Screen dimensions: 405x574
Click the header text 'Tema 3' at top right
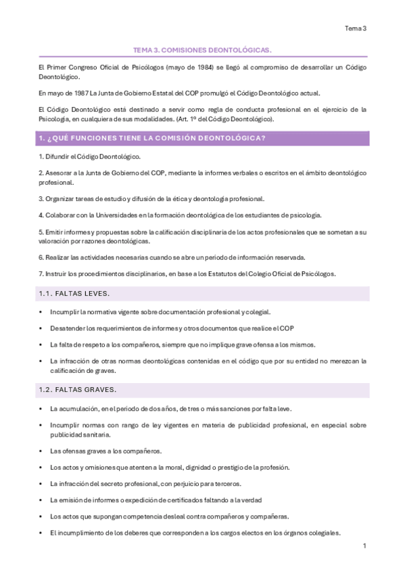(x=356, y=28)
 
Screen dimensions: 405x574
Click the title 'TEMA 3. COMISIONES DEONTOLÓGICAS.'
(x=202, y=50)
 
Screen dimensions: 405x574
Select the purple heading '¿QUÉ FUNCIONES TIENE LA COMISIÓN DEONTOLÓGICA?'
(x=152, y=139)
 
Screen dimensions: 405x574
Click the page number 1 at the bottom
(x=364, y=546)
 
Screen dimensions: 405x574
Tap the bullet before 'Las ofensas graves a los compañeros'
(x=42, y=451)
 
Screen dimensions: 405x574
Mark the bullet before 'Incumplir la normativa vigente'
(x=42, y=312)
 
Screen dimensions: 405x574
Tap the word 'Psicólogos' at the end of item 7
(x=328, y=273)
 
